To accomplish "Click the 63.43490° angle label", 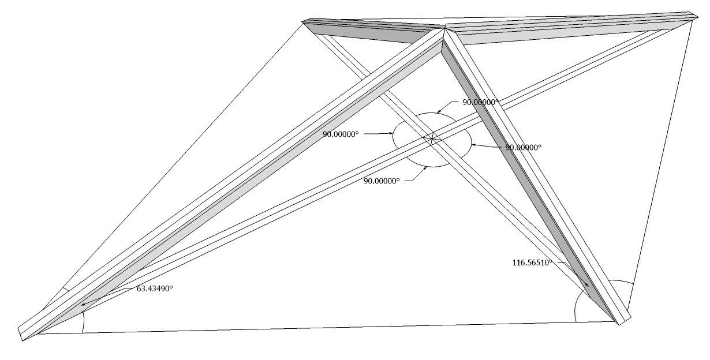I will click(155, 288).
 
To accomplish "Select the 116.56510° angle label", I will click(532, 262).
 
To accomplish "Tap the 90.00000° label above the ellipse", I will click(480, 102).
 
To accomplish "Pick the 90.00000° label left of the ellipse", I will click(341, 134).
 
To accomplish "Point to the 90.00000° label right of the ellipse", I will click(524, 147).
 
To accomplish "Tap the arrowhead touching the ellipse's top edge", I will click(438, 111).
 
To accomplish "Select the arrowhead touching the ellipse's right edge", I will click(473, 144).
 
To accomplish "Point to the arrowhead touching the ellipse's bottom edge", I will click(426, 167).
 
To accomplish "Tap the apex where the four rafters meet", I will click(444, 28).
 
